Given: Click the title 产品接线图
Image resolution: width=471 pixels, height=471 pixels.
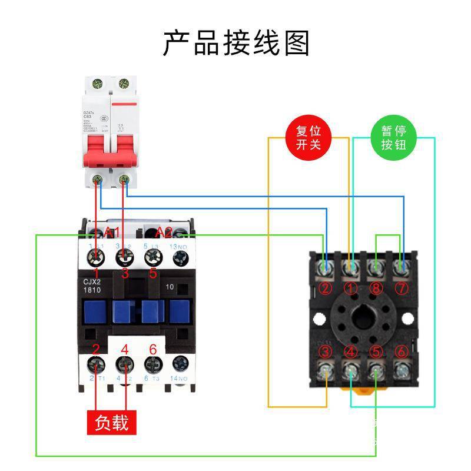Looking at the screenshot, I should pyautogui.click(x=236, y=42).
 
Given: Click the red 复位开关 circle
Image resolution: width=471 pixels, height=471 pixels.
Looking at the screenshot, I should pyautogui.click(x=308, y=138).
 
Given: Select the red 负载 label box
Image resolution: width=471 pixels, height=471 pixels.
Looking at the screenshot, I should pyautogui.click(x=112, y=422).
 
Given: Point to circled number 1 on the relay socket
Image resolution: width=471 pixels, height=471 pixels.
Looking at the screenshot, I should pyautogui.click(x=351, y=288).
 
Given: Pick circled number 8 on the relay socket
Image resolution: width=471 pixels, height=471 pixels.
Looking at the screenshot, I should pyautogui.click(x=376, y=288).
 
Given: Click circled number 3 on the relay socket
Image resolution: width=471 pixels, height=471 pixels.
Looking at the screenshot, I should pyautogui.click(x=325, y=351).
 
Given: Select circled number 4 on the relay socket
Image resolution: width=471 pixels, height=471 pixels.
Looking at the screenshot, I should pyautogui.click(x=351, y=351).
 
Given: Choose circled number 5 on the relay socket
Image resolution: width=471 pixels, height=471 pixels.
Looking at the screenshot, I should pyautogui.click(x=376, y=351).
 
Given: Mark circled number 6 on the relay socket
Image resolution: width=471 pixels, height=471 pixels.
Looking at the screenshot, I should pyautogui.click(x=402, y=351).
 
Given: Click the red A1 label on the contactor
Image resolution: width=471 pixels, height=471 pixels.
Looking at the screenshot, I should pyautogui.click(x=112, y=231).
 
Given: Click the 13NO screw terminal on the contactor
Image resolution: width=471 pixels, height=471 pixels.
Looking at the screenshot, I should pyautogui.click(x=180, y=257).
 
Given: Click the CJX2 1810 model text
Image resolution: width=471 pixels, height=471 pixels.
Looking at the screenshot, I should pyautogui.click(x=93, y=285).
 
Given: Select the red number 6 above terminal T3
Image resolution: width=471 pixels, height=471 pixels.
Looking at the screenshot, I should pyautogui.click(x=153, y=349).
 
